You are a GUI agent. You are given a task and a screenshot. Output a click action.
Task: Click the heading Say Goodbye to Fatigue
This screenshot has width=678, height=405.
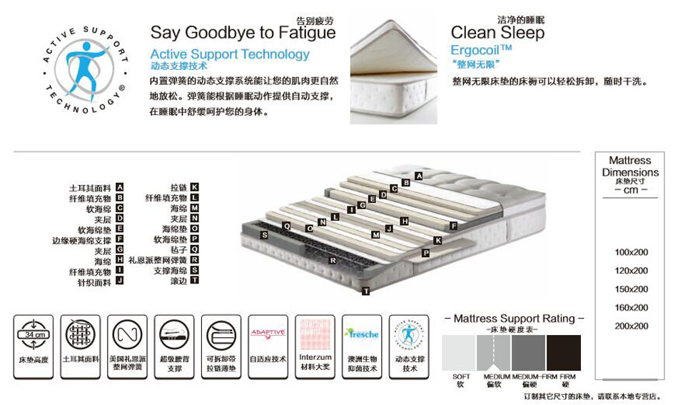click(243, 33)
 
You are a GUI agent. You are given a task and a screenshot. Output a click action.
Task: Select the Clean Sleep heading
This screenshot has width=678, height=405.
click(497, 33)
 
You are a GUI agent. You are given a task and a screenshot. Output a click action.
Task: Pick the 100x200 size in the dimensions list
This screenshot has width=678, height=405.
click(632, 252)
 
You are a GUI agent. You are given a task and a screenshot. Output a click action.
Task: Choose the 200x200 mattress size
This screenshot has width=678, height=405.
click(632, 326)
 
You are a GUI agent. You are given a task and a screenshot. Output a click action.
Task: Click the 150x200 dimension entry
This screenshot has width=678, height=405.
click(632, 289)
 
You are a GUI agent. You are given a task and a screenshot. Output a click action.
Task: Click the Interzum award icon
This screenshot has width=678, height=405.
click(315, 334)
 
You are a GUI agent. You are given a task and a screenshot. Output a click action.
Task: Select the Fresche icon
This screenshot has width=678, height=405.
click(361, 334)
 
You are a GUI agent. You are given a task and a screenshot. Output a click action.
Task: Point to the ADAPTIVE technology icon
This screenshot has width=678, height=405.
click(268, 334)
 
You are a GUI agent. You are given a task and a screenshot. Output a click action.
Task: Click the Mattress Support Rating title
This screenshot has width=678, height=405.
click(514, 318)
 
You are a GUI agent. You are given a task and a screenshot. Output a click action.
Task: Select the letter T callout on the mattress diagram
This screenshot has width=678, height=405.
click(365, 291)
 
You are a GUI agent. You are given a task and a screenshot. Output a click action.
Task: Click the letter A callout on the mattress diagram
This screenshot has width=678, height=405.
click(419, 176)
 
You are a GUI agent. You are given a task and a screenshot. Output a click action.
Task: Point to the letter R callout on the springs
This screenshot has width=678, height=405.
click(333, 261)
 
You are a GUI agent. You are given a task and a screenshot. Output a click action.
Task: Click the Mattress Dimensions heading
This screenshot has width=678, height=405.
click(630, 166)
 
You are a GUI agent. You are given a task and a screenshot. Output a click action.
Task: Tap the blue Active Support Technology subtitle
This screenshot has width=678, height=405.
click(230, 54)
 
